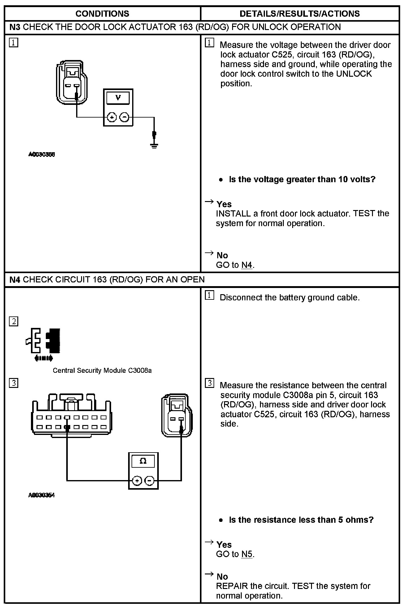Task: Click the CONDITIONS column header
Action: click(x=102, y=14)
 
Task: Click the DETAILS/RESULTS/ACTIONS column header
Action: click(x=300, y=14)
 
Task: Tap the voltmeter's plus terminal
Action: click(x=112, y=117)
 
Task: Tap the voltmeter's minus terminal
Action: click(x=124, y=117)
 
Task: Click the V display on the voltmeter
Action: click(x=118, y=98)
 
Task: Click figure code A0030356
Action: click(x=41, y=154)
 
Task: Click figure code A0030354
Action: click(x=41, y=495)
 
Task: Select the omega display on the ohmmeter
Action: click(x=143, y=461)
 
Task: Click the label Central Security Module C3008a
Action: click(x=102, y=370)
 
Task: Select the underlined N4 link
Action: click(x=247, y=265)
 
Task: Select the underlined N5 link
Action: click(x=247, y=554)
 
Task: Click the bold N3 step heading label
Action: click(x=15, y=27)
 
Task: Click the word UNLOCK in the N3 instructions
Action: click(x=354, y=74)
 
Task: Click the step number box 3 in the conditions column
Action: click(x=14, y=383)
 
